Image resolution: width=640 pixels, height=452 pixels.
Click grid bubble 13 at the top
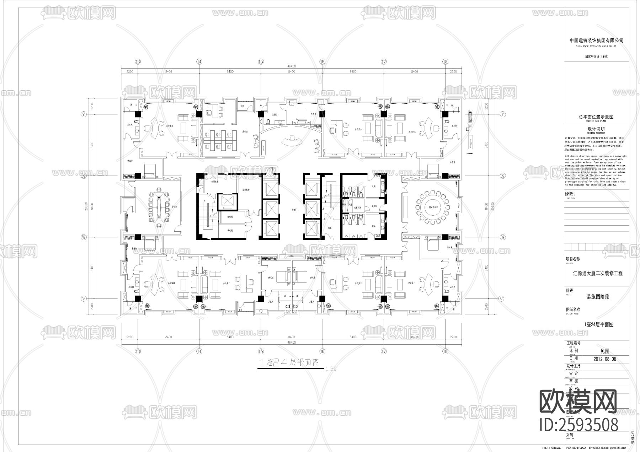tap(138, 61)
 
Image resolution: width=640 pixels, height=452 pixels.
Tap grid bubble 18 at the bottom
tap(445, 351)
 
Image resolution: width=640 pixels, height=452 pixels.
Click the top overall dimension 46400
tap(292, 66)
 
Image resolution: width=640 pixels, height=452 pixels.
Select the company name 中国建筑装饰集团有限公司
tap(596, 41)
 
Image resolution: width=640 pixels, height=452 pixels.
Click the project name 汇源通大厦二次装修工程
tap(598, 273)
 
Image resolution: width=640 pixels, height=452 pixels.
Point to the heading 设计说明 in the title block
tap(596, 129)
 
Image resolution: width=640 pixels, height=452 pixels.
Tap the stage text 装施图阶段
tap(598, 297)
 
